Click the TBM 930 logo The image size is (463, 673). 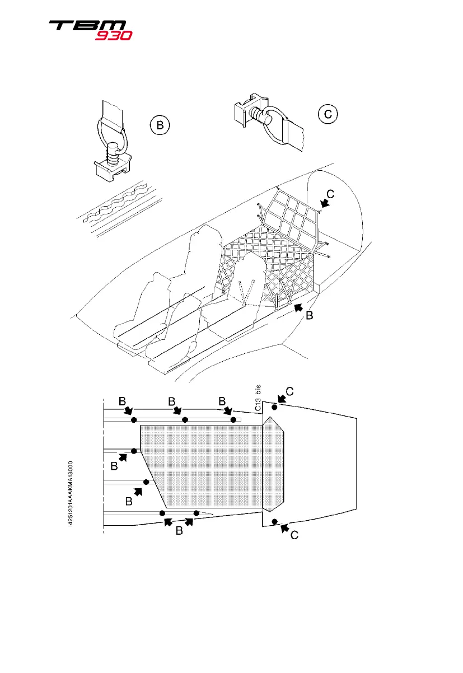[x=90, y=30]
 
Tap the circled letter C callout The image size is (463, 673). [x=328, y=114]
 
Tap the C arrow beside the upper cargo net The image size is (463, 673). [x=324, y=207]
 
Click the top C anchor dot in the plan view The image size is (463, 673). [x=274, y=407]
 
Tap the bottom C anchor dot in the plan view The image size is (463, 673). [x=274, y=522]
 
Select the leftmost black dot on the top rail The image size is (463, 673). [x=133, y=420]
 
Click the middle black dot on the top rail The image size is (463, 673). [x=185, y=420]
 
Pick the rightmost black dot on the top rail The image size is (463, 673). [x=233, y=420]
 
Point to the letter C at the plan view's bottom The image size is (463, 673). [x=294, y=536]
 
